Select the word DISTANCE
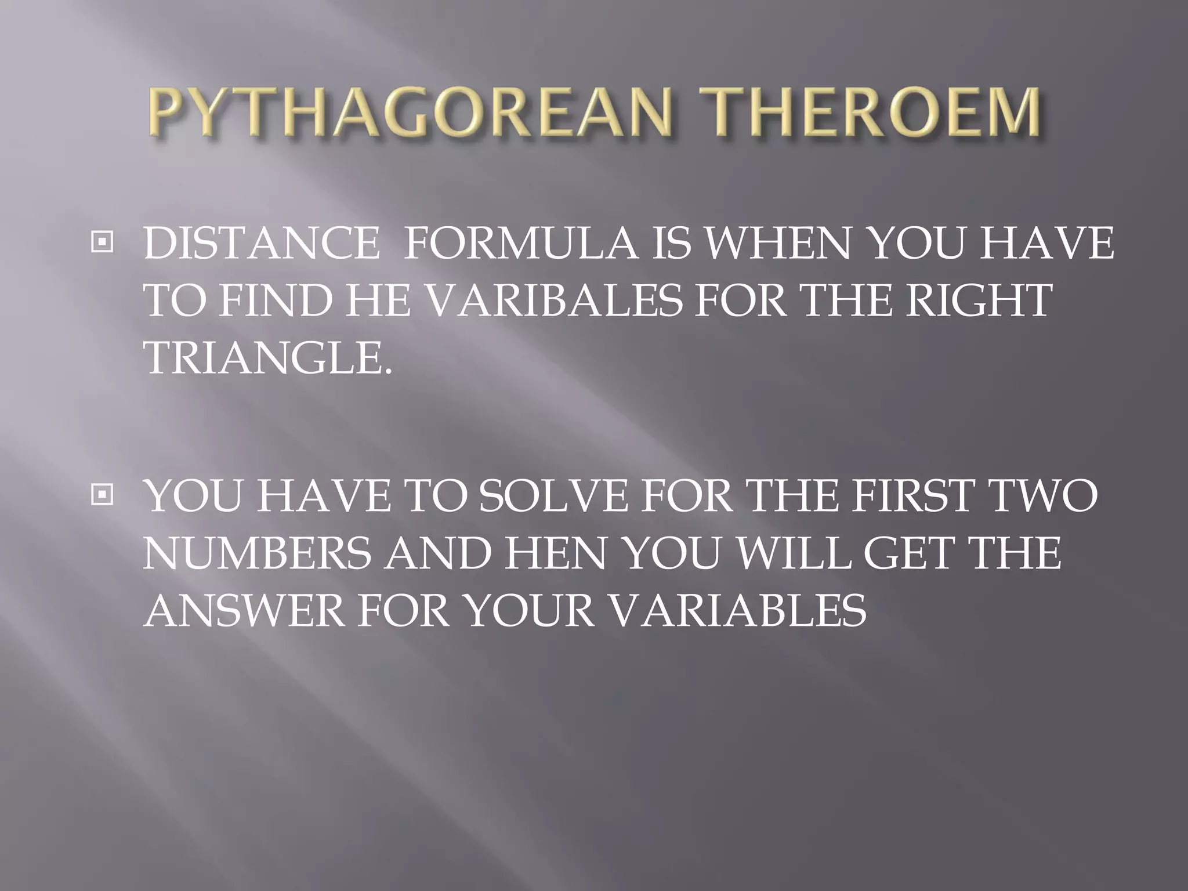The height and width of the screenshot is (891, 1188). tap(261, 244)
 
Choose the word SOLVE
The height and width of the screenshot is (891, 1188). tap(553, 497)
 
